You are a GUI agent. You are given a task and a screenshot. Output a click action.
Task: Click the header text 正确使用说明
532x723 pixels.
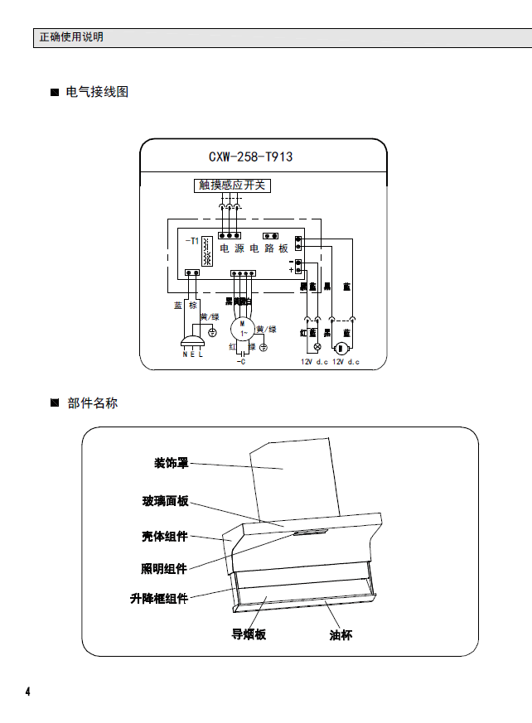71,37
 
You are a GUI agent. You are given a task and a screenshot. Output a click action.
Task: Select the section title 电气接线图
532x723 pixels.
97,92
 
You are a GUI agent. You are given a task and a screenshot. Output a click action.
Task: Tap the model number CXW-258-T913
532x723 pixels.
251,157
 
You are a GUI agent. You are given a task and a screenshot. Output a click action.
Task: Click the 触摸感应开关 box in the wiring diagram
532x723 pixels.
233,186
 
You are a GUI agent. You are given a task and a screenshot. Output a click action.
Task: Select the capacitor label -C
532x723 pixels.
240,362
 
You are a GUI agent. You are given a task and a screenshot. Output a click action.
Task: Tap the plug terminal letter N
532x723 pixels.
185,354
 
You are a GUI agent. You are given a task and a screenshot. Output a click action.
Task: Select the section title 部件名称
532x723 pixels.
93,403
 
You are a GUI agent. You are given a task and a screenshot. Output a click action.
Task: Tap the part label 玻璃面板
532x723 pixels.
165,501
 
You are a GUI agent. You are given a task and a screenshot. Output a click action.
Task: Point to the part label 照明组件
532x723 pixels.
163,568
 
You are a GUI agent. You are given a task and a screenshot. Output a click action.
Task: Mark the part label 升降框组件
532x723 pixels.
159,598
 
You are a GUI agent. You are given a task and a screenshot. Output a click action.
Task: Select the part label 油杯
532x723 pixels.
340,635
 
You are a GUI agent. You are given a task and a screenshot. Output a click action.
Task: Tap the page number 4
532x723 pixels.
27,692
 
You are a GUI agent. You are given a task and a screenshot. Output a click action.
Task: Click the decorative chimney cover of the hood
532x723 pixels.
294,480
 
